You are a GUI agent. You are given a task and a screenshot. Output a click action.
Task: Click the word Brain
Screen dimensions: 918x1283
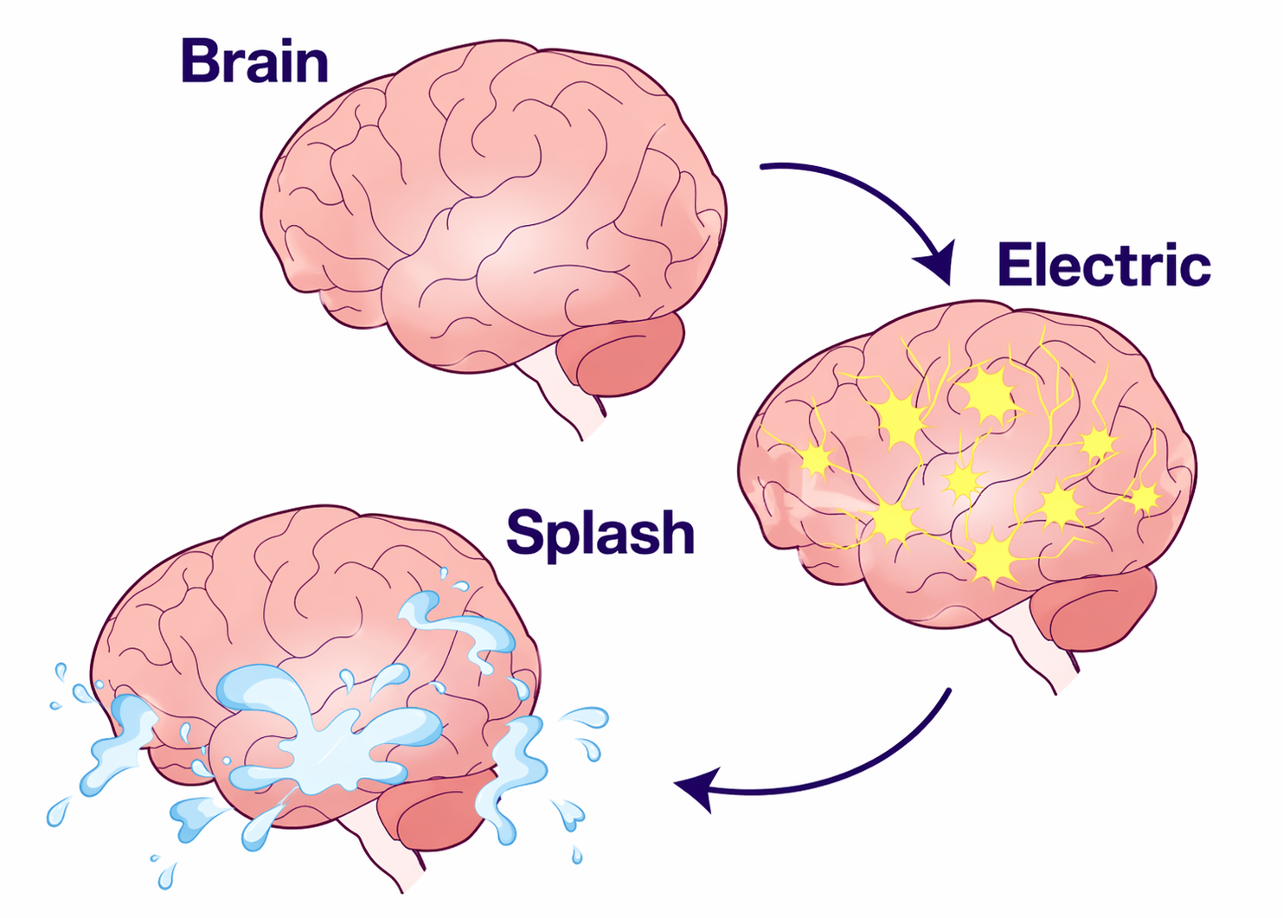click(x=254, y=61)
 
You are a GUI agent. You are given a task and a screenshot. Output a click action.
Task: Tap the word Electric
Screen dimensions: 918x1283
click(x=1103, y=265)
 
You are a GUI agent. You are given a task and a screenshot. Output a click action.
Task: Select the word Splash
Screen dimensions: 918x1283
click(x=600, y=532)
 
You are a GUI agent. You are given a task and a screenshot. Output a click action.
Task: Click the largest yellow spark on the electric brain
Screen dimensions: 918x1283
click(x=987, y=395)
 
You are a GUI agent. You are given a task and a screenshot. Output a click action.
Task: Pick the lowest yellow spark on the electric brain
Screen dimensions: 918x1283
click(x=993, y=559)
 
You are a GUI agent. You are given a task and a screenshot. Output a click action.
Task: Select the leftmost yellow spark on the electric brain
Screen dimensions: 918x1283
click(x=815, y=459)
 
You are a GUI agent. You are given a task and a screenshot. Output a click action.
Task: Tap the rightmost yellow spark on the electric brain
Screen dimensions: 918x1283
click(x=1144, y=498)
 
